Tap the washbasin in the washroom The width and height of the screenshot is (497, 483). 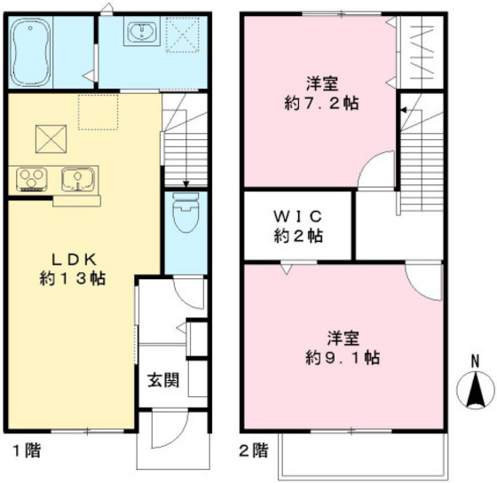pyautogui.click(x=140, y=34)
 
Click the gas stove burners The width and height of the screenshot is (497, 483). pyautogui.click(x=33, y=178)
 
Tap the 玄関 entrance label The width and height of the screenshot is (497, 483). pyautogui.click(x=162, y=381)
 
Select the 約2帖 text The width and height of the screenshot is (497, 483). pyautogui.click(x=296, y=237)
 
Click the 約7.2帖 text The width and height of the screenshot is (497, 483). pyautogui.click(x=320, y=103)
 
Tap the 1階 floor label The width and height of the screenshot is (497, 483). pyautogui.click(x=26, y=449)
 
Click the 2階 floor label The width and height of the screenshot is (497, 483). pyautogui.click(x=253, y=449)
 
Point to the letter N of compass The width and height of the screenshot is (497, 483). pyautogui.click(x=475, y=361)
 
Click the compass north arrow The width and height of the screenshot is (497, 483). pyautogui.click(x=475, y=388)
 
